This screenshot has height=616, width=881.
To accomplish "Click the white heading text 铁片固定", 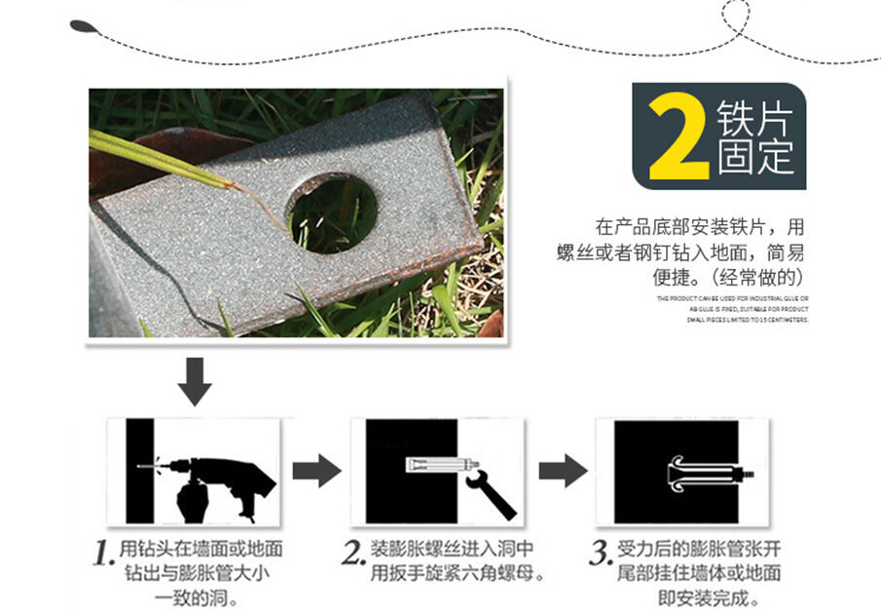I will [754, 136].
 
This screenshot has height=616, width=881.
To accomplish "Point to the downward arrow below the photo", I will [195, 380].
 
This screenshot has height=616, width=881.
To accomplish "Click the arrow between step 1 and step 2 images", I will [316, 471].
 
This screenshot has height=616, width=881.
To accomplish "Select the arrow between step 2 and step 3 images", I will [563, 471].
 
